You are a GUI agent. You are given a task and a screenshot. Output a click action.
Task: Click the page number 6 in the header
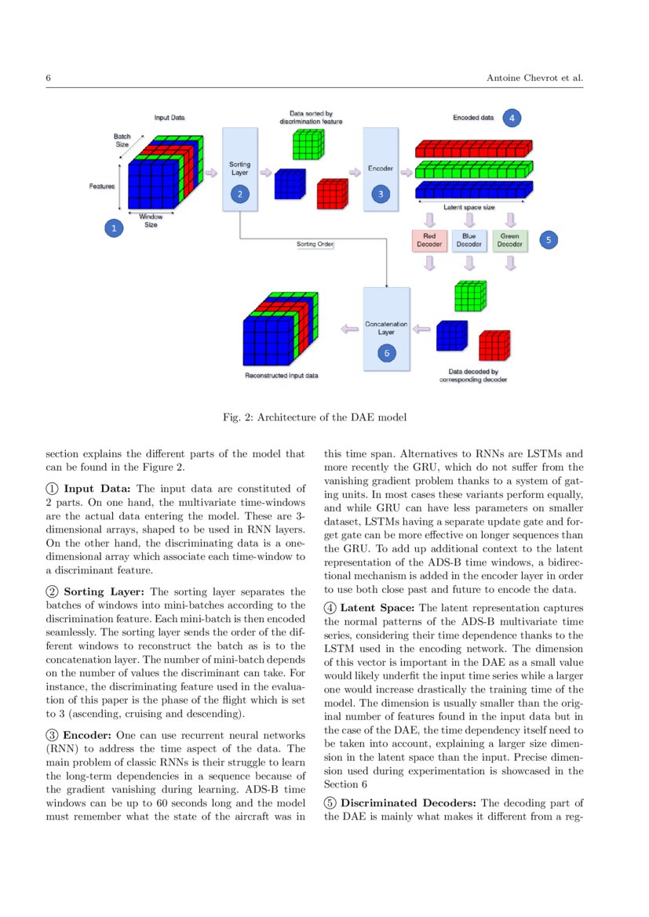coord(49,78)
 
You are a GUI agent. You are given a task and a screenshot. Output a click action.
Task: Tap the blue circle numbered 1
coord(115,228)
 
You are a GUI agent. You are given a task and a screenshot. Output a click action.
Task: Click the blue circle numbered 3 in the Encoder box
coord(381,192)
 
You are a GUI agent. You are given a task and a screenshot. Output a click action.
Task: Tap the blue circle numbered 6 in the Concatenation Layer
coord(386,353)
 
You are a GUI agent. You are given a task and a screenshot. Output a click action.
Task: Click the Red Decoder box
coord(429,239)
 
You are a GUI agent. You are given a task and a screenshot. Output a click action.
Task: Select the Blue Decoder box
coord(469,239)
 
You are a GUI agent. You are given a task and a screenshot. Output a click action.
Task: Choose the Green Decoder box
coord(509,239)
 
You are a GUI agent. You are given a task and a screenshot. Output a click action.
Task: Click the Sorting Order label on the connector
coord(315,245)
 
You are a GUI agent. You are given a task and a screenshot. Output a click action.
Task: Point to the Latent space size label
coord(469,207)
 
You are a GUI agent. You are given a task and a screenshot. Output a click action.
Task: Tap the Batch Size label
coord(122,140)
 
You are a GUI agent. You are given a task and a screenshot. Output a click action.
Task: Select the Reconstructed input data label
coord(282,376)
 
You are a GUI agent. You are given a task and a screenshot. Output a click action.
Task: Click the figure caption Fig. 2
coord(315,417)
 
